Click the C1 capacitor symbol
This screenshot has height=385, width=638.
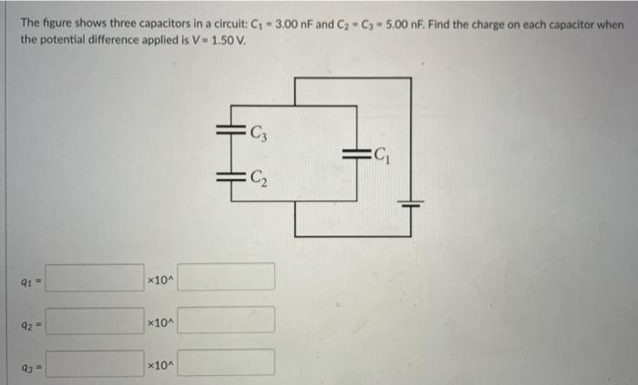click(x=355, y=157)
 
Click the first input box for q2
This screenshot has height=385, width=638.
click(x=95, y=320)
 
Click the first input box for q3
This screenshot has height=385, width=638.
click(x=95, y=363)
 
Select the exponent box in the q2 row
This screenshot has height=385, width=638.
click(x=226, y=320)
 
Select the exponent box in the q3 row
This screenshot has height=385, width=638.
click(x=226, y=363)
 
